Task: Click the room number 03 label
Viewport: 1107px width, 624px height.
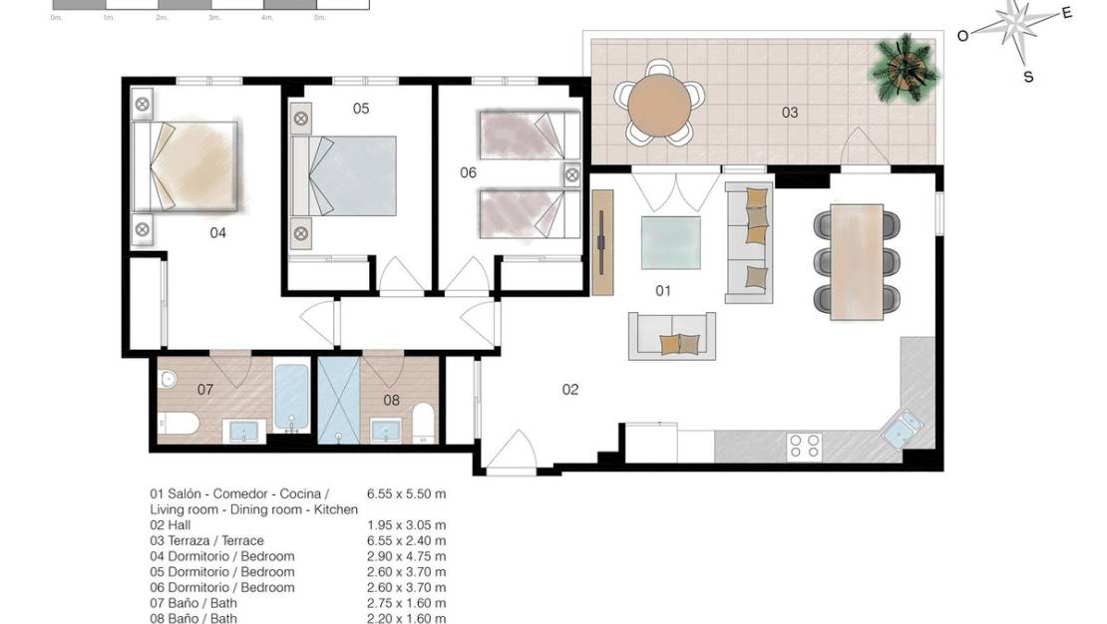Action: [789, 113]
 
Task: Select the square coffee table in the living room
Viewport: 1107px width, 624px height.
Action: [669, 242]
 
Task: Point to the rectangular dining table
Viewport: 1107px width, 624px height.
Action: [859, 261]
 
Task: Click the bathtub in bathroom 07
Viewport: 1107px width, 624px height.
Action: [290, 401]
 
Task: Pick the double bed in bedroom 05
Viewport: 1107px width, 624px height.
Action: [344, 174]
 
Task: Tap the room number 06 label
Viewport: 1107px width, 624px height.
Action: [468, 172]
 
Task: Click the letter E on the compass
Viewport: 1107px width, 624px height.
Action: [1066, 13]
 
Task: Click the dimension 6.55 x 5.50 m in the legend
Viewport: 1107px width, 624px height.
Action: [406, 493]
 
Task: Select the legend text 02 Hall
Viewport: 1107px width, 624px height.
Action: [170, 525]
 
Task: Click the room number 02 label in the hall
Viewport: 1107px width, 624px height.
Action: [569, 390]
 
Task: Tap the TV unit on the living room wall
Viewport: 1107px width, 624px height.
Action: [601, 241]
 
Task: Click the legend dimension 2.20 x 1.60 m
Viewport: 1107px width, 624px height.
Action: [406, 618]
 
